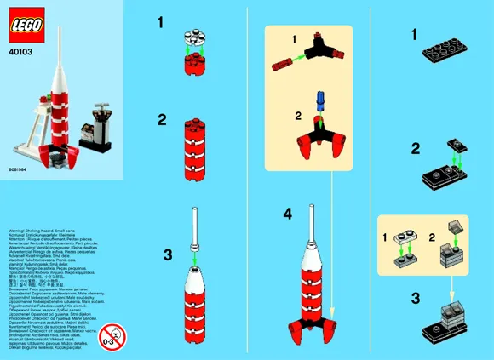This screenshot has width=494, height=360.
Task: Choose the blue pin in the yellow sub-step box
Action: point(322,101)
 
